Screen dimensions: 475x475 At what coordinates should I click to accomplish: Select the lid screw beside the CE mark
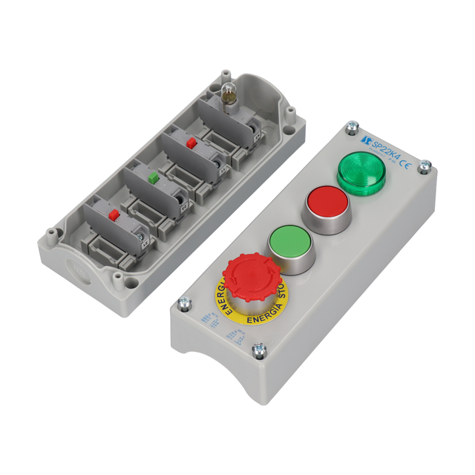pos(425,166)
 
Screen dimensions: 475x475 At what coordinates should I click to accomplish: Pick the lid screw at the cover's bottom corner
pos(259,350)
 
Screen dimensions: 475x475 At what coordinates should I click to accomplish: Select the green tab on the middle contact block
pos(152,178)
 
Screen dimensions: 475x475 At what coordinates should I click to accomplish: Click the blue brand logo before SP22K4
pos(364,142)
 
